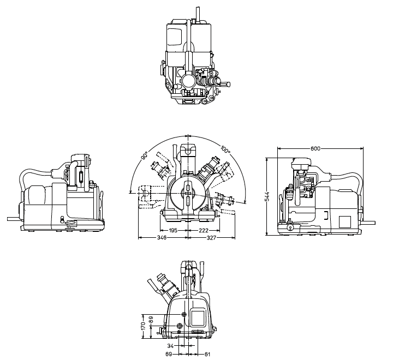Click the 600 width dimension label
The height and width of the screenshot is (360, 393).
tap(315, 148)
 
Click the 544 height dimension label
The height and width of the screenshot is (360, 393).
tap(267, 196)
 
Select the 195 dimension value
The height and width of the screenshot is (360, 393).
tap(172, 231)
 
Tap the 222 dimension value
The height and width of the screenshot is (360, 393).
tap(204, 231)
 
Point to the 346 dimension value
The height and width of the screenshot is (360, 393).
tap(162, 237)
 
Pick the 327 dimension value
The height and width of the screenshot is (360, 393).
tap(211, 237)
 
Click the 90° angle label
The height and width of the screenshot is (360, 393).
tap(145, 155)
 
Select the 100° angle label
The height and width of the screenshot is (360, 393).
tap(225, 150)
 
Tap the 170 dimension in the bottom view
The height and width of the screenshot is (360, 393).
tap(143, 326)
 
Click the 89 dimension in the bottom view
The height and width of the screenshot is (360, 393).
tap(151, 320)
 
